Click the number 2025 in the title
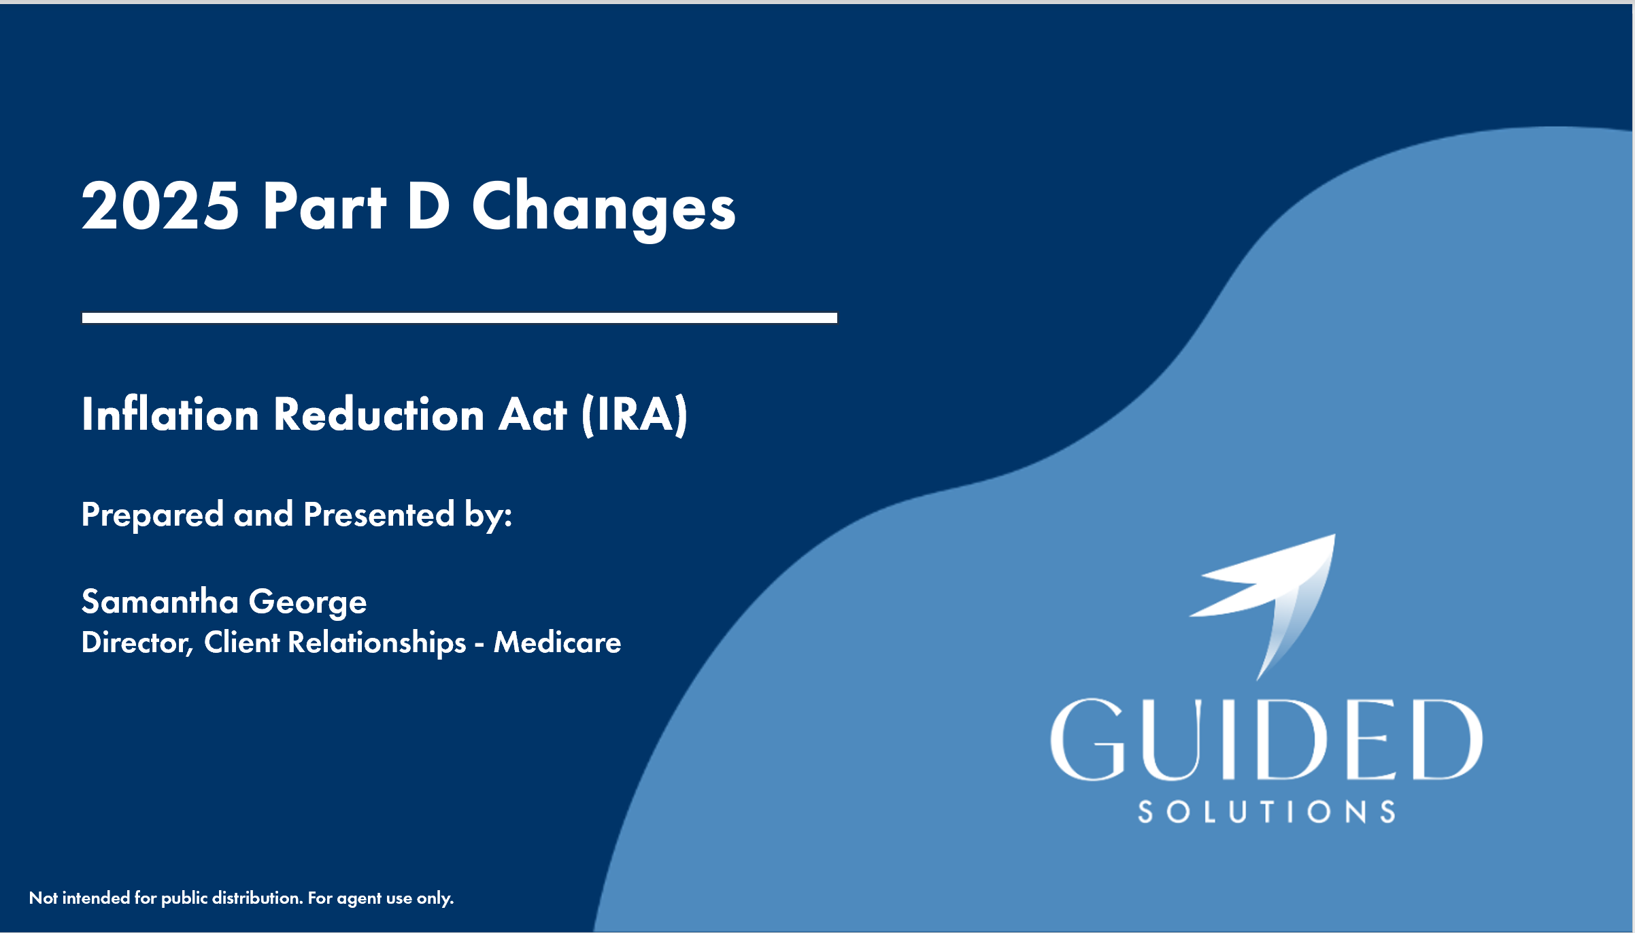tap(161, 206)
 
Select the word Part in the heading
tap(324, 206)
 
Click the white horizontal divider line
tap(460, 318)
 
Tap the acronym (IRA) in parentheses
tap(635, 415)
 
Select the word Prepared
tap(152, 515)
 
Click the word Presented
tap(379, 514)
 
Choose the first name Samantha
tap(160, 601)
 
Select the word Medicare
tap(558, 643)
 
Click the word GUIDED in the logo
tap(1266, 739)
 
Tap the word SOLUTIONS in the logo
tap(1266, 812)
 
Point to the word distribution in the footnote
tap(258, 898)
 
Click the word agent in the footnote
tap(359, 899)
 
